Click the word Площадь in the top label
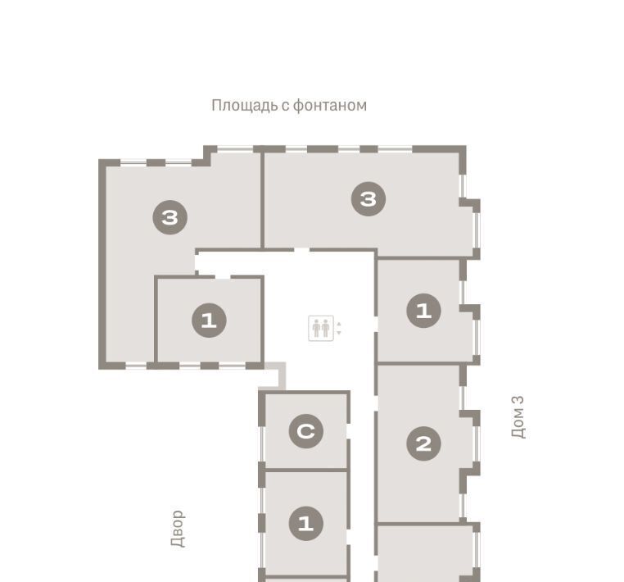tap(245, 106)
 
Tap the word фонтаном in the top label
tap(330, 106)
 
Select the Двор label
tap(178, 529)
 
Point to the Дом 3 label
tap(518, 416)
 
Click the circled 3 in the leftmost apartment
tap(170, 217)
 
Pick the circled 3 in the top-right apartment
tap(369, 198)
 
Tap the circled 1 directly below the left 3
tap(210, 321)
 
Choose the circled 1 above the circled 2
tap(424, 311)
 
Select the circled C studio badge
tap(306, 431)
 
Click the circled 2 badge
tap(424, 443)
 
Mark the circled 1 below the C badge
tap(306, 524)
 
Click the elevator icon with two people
tap(321, 328)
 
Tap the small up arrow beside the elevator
tap(339, 325)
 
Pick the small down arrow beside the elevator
tap(339, 333)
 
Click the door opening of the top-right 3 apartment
tap(301, 250)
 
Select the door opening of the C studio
tap(348, 431)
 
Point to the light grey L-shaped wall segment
tap(275, 375)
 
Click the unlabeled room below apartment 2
tap(426, 553)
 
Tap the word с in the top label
tap(285, 107)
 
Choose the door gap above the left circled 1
tap(223, 276)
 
